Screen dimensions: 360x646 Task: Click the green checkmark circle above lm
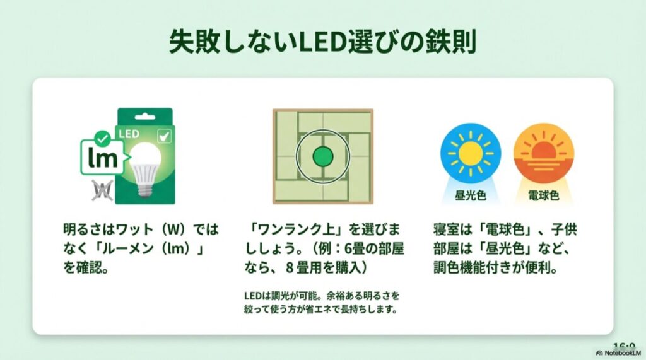pyautogui.click(x=100, y=136)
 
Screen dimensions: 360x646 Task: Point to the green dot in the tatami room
pyautogui.click(x=322, y=156)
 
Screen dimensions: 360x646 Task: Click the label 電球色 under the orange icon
pyautogui.click(x=543, y=195)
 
